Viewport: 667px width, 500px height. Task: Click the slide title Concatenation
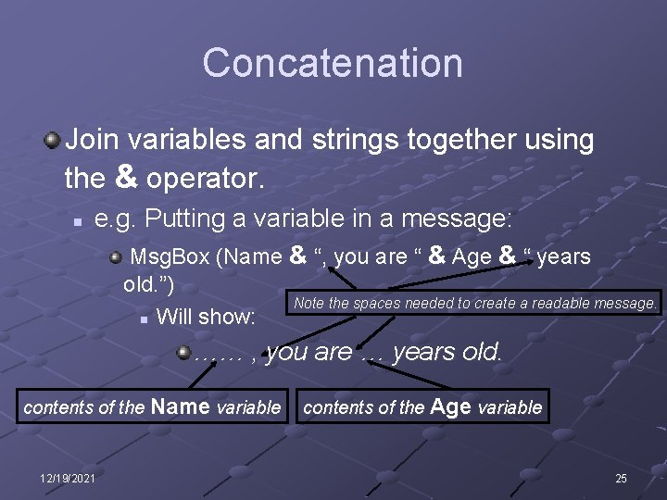(x=333, y=63)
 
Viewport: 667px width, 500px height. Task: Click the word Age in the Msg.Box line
(x=472, y=257)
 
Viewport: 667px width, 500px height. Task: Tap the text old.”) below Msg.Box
(x=149, y=282)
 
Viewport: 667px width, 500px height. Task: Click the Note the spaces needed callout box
(x=474, y=303)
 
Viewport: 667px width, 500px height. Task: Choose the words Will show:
(x=206, y=317)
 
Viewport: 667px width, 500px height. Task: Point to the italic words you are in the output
(x=308, y=353)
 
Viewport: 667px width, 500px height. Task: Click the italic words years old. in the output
(x=447, y=353)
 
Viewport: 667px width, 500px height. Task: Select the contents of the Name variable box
(x=152, y=406)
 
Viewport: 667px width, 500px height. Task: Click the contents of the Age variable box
(x=422, y=406)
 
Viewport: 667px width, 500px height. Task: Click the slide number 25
(x=621, y=478)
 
